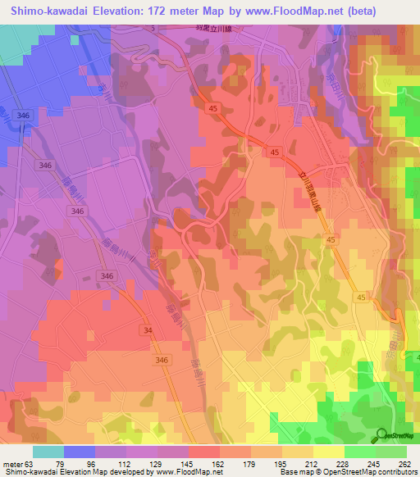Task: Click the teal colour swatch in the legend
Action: tap(48, 452)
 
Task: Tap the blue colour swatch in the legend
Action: tap(79, 452)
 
